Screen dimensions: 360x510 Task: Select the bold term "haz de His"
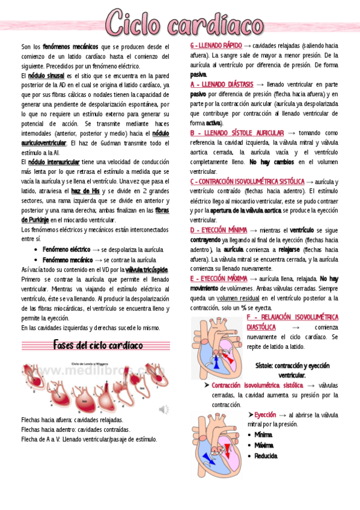85,191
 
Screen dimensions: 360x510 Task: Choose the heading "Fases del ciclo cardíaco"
98,345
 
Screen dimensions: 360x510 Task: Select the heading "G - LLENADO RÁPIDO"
216,46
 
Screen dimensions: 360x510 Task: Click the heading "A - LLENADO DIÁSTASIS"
221,85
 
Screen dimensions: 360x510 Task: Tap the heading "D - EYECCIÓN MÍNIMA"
219,230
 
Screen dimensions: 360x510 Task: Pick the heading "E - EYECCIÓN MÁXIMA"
219,278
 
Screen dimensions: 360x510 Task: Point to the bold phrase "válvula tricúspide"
147,269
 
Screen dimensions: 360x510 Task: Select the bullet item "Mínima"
263,434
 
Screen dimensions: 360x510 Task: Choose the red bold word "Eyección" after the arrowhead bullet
264,415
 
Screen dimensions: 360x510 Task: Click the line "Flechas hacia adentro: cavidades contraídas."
75,429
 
